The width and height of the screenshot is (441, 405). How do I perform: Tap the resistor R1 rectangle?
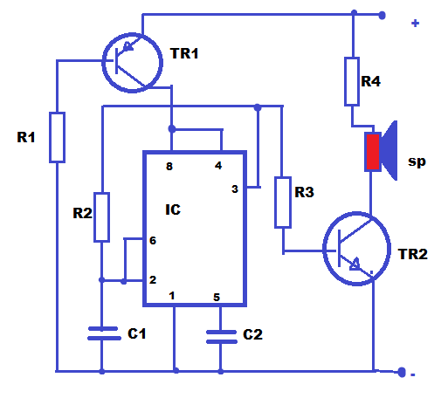pos(57,137)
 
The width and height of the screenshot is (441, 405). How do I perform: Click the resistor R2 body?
pos(102,216)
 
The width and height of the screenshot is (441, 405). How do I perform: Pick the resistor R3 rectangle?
pos(282,202)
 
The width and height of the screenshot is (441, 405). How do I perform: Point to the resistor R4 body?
pos(353,82)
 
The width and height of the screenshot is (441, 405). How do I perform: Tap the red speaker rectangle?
pos(373,152)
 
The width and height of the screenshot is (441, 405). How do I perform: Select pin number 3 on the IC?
pos(233,189)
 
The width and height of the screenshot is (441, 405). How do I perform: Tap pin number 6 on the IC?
pos(153,240)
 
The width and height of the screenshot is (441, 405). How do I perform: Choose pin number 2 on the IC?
pos(153,279)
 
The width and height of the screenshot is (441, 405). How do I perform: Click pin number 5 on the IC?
pos(217,297)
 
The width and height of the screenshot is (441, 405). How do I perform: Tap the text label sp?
pos(417,161)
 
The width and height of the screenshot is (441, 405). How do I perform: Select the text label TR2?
pos(413,254)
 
